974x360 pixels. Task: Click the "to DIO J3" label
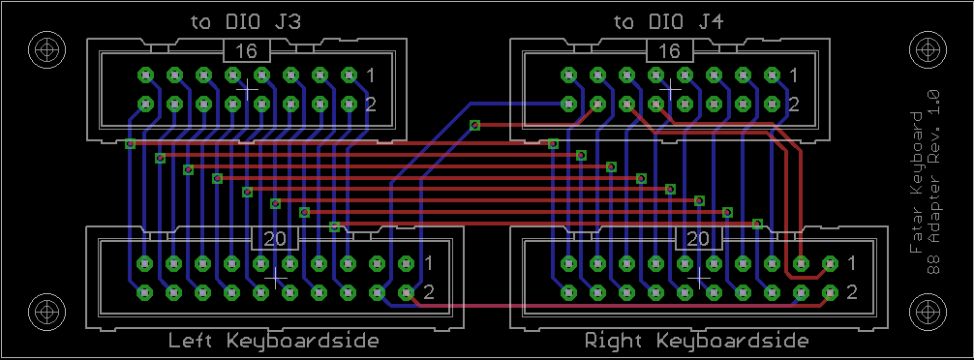245,22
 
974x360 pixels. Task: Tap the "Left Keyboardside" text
273,341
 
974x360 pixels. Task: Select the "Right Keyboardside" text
697,341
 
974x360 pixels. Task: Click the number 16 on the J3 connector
247,51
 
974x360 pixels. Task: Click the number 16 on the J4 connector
669,51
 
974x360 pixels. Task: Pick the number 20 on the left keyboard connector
275,238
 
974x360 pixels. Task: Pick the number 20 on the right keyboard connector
699,238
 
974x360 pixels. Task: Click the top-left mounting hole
47,49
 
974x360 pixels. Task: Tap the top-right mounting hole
927,49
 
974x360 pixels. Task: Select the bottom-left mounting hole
47,311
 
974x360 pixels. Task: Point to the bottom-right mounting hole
927,311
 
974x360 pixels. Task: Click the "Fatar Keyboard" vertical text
916,182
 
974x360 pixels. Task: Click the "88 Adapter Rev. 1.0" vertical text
932,182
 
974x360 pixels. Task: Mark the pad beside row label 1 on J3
350,75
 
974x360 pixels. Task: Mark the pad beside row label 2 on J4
772,105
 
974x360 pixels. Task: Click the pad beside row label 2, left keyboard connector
407,291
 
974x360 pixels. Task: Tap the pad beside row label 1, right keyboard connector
830,263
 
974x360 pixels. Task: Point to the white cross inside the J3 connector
248,90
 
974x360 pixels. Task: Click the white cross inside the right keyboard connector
699,278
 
